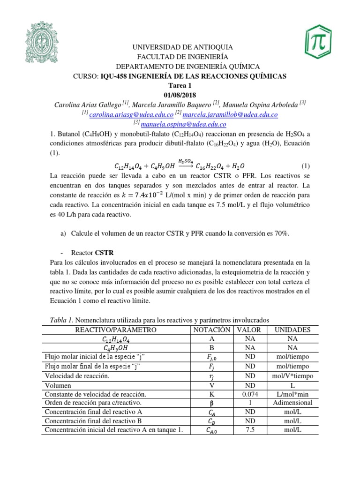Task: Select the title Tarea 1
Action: [x=180, y=85]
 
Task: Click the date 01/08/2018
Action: [x=180, y=95]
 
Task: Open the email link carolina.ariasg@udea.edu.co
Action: [x=129, y=115]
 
